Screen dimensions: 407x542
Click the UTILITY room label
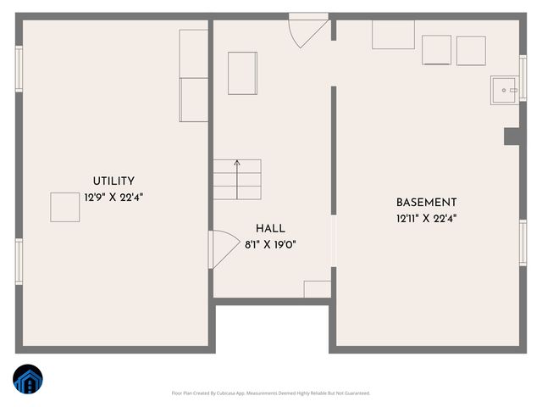113,181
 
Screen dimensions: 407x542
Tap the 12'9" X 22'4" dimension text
113,197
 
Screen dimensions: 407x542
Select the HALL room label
270,229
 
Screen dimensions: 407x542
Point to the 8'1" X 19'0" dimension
270,245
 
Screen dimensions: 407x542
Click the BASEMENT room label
426,203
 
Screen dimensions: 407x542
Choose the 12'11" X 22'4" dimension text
426,218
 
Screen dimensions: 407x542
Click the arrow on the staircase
237,163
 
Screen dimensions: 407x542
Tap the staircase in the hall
236,179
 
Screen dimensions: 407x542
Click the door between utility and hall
222,250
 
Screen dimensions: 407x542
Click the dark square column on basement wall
512,137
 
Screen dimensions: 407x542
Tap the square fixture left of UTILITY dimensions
64,207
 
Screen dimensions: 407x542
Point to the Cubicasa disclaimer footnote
270,393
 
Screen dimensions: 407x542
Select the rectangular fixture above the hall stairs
242,73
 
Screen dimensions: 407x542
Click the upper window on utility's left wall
19,68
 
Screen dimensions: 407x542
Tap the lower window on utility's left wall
19,260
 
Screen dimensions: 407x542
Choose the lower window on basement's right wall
523,243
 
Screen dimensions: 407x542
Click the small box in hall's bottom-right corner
317,288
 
